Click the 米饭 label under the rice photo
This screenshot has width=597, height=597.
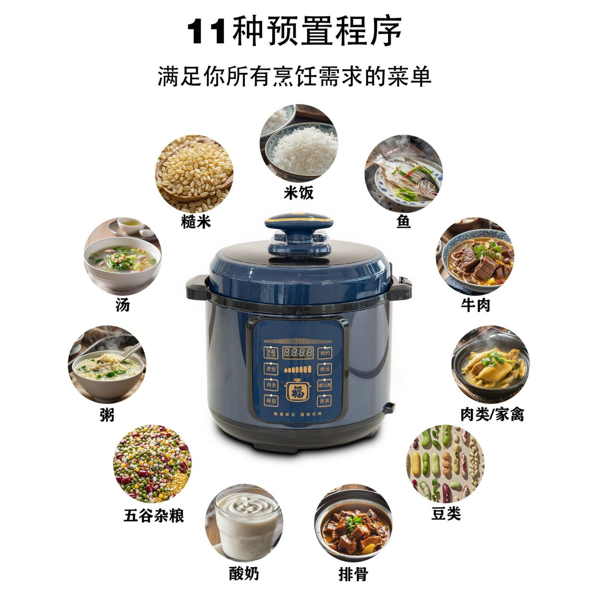298,193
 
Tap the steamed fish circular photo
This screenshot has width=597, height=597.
403,174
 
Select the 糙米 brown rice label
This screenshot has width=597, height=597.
196,222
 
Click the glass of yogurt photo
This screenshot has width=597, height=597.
244,523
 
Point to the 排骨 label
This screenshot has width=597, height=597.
353,574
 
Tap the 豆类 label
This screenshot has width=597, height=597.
446,513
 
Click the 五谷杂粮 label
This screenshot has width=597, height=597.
154,516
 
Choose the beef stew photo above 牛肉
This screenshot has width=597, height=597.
475,257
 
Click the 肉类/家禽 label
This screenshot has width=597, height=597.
492,414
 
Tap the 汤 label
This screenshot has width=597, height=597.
122,305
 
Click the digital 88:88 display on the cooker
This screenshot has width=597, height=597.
297,352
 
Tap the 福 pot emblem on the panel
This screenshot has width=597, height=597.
298,391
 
